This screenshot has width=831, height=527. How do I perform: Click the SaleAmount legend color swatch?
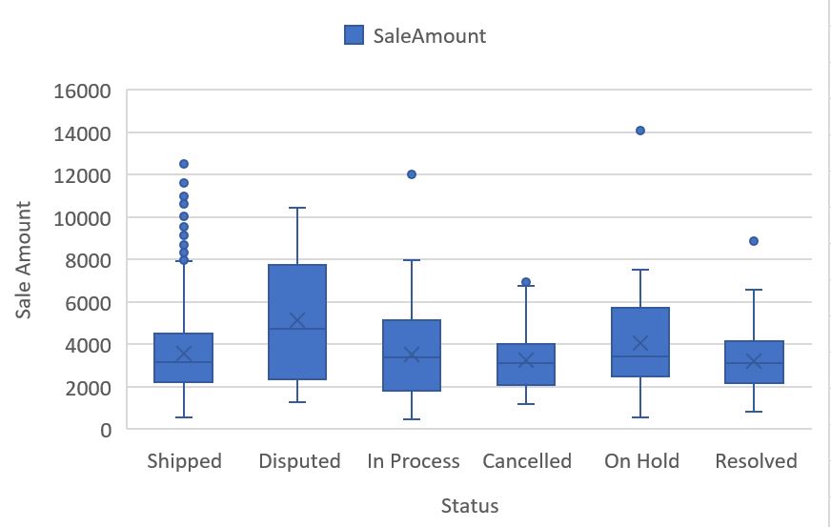tap(353, 35)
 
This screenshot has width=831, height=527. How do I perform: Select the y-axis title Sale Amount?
tap(24, 259)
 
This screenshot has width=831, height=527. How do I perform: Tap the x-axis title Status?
tap(470, 505)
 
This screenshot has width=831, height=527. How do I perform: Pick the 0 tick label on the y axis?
tap(106, 430)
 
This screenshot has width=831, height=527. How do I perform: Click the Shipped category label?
tap(184, 461)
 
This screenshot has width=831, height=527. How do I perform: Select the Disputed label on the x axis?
tap(299, 461)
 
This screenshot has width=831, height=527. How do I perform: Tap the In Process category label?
tap(414, 461)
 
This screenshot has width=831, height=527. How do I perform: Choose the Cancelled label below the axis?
tap(527, 461)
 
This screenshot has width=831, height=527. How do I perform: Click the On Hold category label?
tap(641, 461)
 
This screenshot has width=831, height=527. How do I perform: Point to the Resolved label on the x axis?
tap(756, 461)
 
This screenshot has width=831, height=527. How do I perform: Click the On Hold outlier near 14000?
tap(640, 131)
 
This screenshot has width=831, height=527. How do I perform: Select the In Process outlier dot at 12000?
tap(412, 174)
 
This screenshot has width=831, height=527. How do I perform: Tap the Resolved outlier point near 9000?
tap(754, 241)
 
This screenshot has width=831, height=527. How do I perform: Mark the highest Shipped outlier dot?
tap(184, 164)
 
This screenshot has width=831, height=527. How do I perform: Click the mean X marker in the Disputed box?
tap(297, 321)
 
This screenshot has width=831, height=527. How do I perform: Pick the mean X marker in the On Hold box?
tap(640, 343)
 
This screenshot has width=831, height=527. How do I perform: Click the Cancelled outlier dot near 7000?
tap(526, 282)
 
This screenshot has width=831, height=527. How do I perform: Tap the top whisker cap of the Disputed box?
tap(297, 208)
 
